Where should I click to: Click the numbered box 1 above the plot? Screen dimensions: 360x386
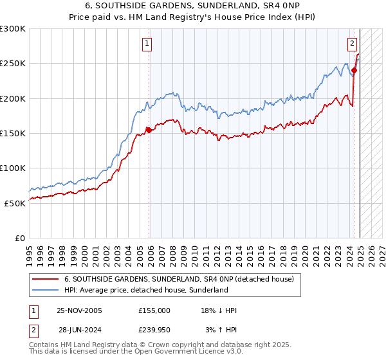point(147,44)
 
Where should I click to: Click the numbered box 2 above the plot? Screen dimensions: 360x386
point(353,44)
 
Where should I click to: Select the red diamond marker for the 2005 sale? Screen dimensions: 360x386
point(149,130)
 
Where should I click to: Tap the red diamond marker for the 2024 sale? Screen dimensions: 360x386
point(354,71)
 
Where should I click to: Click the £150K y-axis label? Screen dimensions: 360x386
point(13,133)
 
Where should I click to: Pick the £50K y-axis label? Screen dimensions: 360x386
point(15,203)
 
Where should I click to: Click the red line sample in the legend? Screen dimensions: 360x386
point(45,279)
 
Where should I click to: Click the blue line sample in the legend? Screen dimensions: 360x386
point(45,290)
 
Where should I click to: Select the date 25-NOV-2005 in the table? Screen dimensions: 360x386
point(78,310)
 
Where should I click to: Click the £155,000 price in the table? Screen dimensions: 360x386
point(154,310)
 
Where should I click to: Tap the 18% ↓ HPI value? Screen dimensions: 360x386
point(219,310)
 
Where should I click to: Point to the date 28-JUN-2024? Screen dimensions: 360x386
point(78,329)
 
